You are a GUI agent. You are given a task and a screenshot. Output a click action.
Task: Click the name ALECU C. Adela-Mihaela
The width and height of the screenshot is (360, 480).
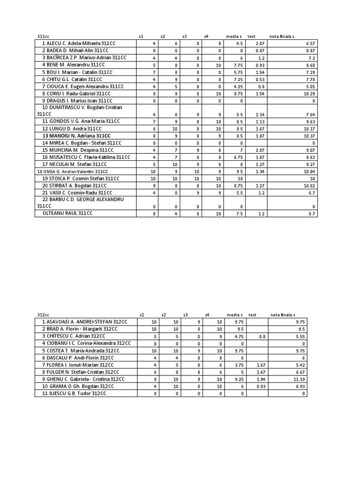[78, 43]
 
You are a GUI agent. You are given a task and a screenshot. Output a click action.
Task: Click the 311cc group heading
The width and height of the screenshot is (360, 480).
[43, 36]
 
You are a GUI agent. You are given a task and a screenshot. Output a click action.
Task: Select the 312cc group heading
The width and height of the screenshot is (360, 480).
[43, 315]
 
